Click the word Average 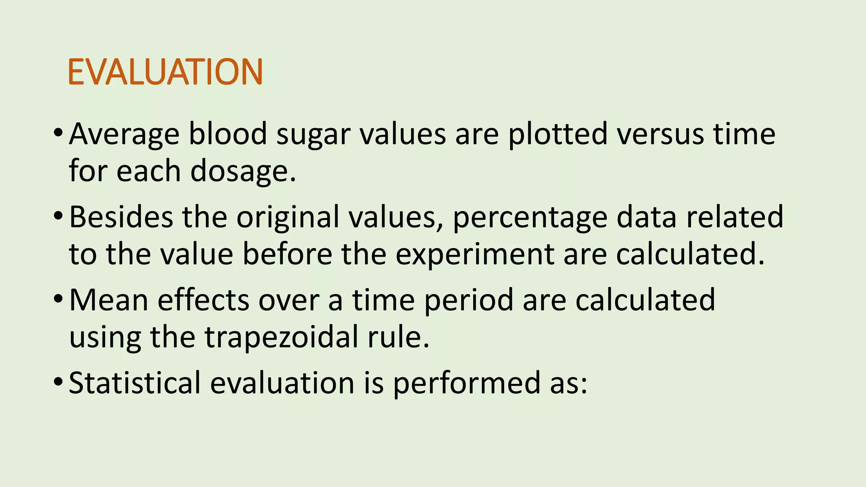(124, 134)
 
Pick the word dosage (243, 172)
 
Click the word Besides (121, 217)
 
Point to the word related (734, 217)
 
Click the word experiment (474, 255)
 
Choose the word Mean (109, 300)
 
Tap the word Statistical (134, 383)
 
